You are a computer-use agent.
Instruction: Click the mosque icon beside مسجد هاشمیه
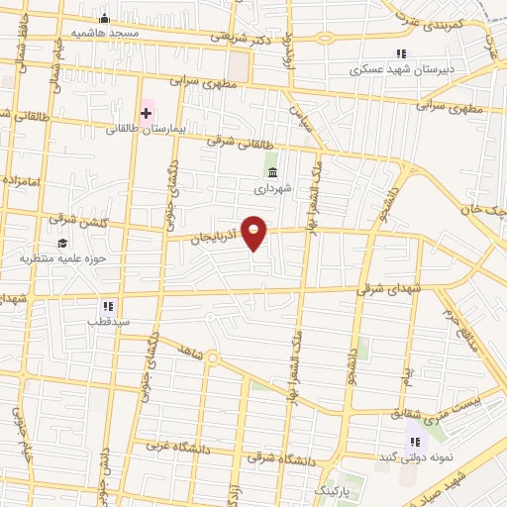(x=104, y=18)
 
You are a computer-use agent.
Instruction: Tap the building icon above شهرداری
(x=271, y=172)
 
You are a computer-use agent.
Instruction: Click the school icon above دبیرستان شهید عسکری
(x=400, y=53)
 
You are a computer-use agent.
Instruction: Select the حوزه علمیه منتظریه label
(x=62, y=258)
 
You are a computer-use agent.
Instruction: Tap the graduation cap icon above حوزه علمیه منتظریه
(x=62, y=243)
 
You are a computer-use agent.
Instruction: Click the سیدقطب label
(x=106, y=323)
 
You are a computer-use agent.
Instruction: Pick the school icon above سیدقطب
(x=107, y=306)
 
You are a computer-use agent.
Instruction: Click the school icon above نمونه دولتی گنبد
(x=415, y=442)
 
